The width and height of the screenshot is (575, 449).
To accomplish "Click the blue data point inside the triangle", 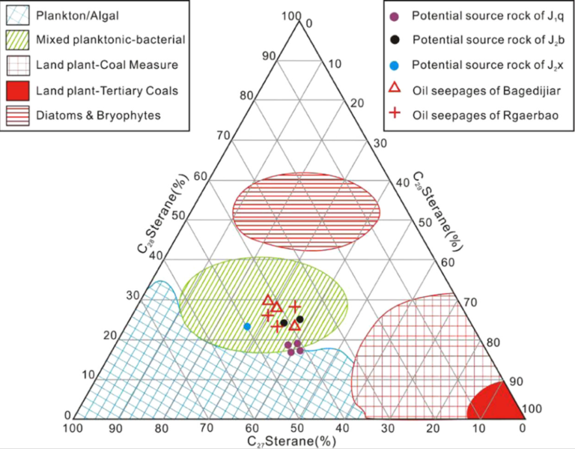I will tap(247, 326).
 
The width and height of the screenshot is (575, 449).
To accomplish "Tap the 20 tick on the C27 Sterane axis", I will tap(432, 428).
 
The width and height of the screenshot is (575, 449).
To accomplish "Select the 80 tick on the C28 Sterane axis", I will tap(246, 95).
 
